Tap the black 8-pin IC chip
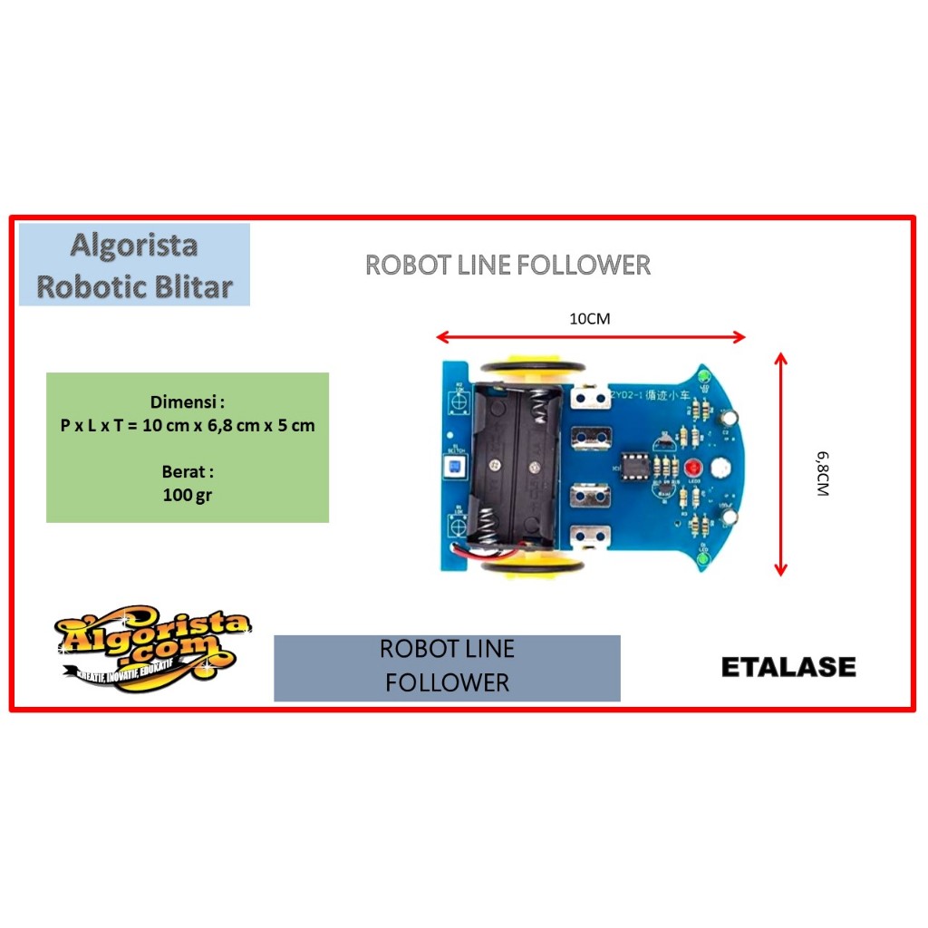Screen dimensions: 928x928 (x=635, y=469)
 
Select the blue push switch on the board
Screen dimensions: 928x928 (x=450, y=468)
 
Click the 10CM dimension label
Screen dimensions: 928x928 (x=589, y=319)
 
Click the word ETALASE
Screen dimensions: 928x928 (x=788, y=668)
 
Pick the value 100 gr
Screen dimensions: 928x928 (x=188, y=495)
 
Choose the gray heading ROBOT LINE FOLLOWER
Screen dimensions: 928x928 (x=507, y=265)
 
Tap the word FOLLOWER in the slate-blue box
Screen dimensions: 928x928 (x=447, y=682)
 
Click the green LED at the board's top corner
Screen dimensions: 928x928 (x=701, y=375)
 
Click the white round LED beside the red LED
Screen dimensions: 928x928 (x=722, y=469)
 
